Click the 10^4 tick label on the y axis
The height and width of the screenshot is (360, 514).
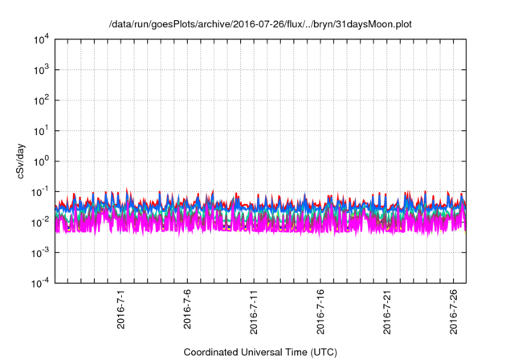coord(40,39)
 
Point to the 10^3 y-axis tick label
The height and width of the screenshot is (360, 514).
coord(40,69)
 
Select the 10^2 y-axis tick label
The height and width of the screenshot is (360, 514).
coord(40,100)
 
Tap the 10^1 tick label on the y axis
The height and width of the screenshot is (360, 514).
coord(40,130)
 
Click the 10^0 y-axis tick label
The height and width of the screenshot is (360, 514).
coord(40,161)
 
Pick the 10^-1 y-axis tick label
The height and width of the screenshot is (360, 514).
coord(39,191)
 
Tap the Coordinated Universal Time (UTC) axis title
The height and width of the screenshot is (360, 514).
coord(259,353)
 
